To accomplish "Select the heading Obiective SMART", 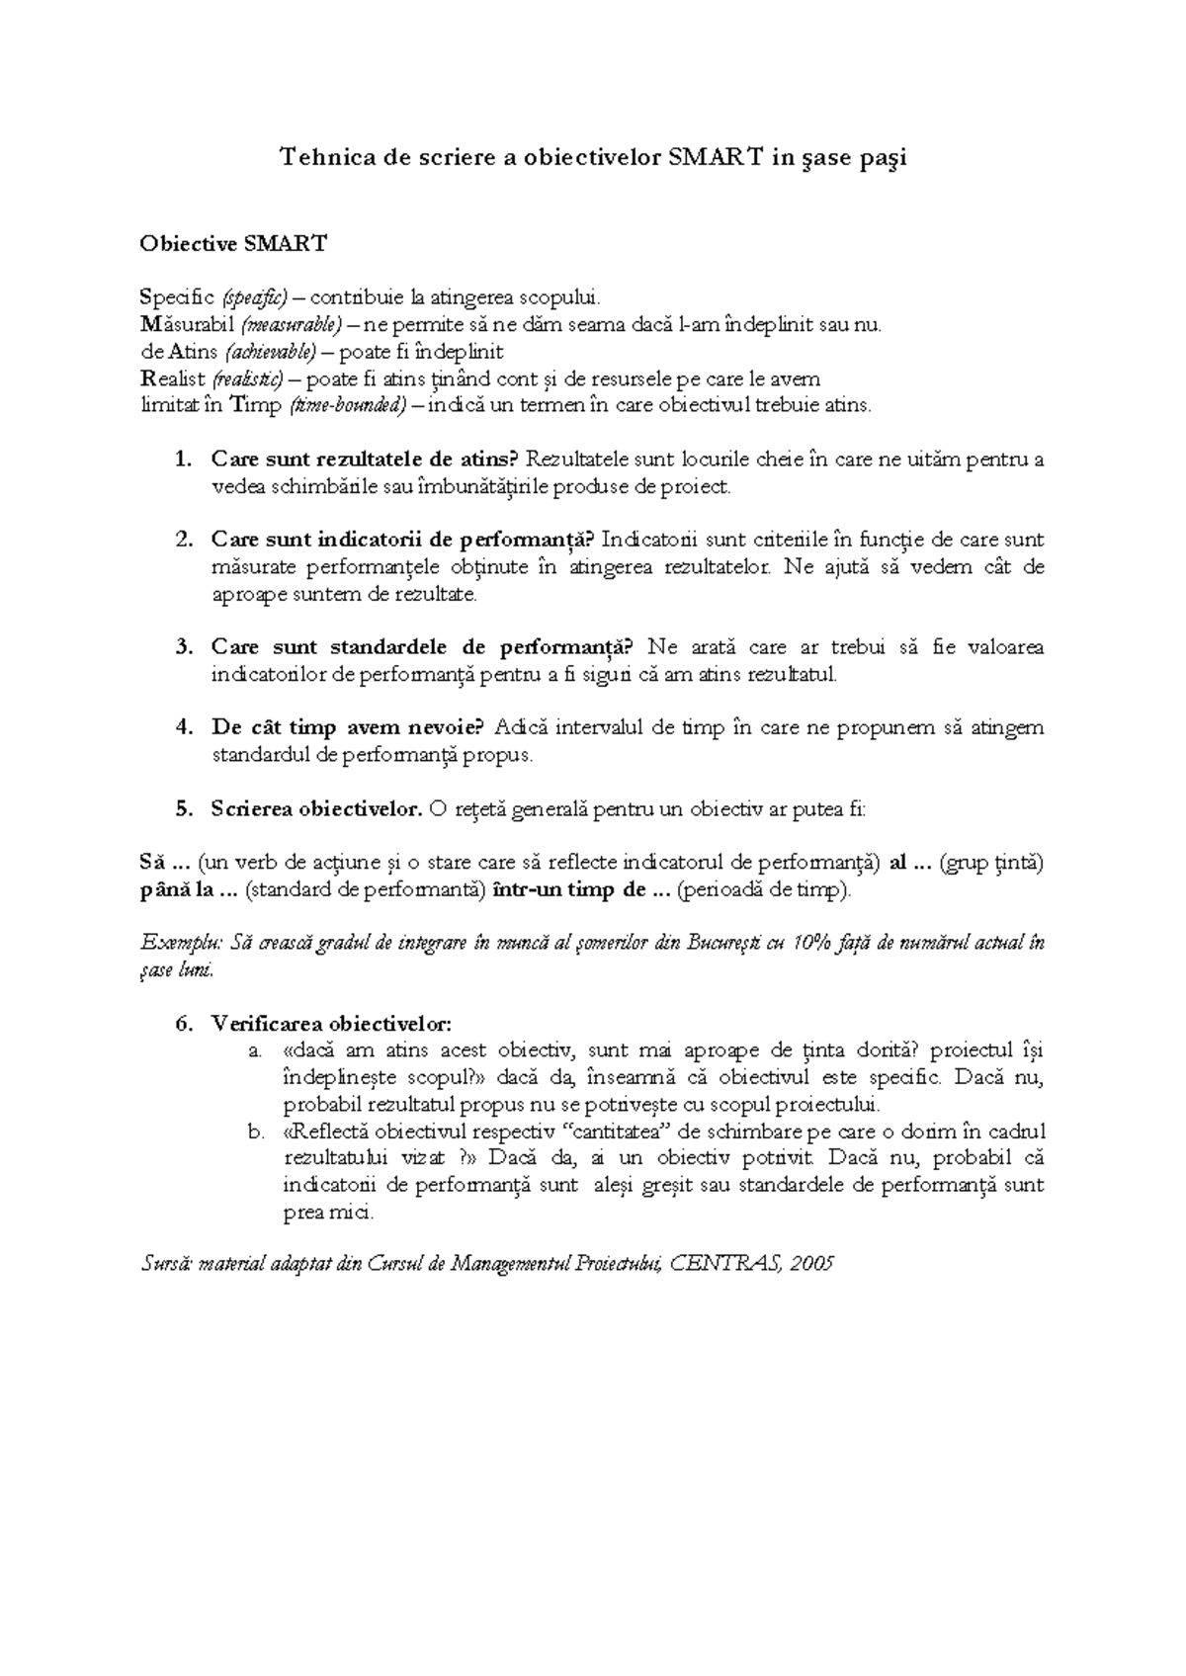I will (x=232, y=243).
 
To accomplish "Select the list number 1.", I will (x=181, y=459).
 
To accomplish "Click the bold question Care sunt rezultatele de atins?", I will (x=365, y=459).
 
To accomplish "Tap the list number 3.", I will (x=181, y=647).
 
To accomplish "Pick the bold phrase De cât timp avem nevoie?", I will (x=347, y=728).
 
